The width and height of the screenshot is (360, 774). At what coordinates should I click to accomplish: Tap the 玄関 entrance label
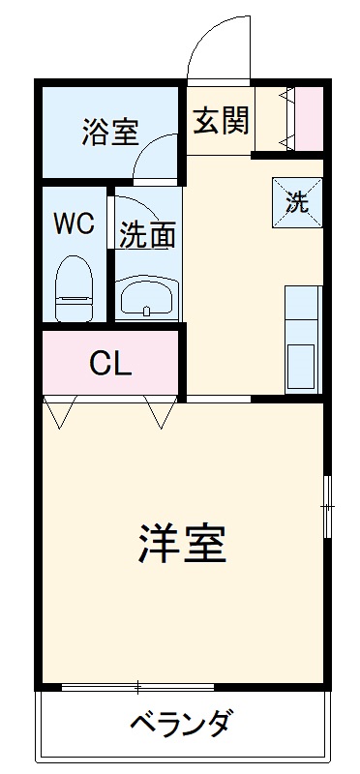tap(222, 120)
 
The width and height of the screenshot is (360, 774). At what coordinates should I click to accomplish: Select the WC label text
tap(73, 223)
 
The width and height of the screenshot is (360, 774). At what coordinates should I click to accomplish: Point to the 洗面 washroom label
tap(148, 235)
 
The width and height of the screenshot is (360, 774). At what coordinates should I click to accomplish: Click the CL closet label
tap(110, 364)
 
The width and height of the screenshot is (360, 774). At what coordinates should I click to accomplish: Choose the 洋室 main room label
tap(182, 545)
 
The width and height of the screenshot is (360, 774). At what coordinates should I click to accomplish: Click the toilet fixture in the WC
tap(74, 287)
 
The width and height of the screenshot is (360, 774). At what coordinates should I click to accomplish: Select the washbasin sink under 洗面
tap(147, 298)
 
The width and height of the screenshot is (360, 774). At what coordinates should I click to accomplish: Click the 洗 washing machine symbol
tap(296, 201)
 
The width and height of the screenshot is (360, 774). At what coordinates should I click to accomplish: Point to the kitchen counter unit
tap(303, 339)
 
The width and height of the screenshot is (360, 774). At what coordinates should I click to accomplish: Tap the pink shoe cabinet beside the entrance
tap(309, 119)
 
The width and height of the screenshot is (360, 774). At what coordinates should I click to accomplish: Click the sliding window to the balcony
tap(138, 688)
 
